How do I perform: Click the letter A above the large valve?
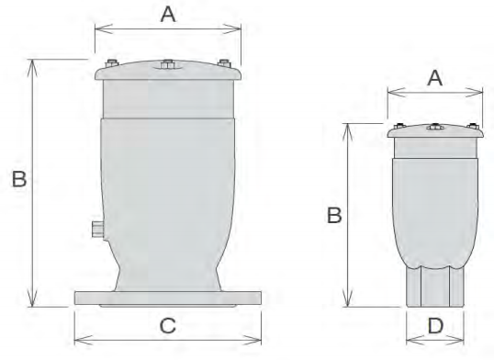point(168,15)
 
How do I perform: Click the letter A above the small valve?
point(434,78)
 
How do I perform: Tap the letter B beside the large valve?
point(19,179)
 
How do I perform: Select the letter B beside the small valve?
point(334,215)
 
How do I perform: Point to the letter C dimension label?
point(168,326)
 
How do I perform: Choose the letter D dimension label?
point(435,326)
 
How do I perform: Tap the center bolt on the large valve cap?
point(167,64)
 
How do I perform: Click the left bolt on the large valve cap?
point(111,63)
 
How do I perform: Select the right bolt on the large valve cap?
point(224,63)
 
